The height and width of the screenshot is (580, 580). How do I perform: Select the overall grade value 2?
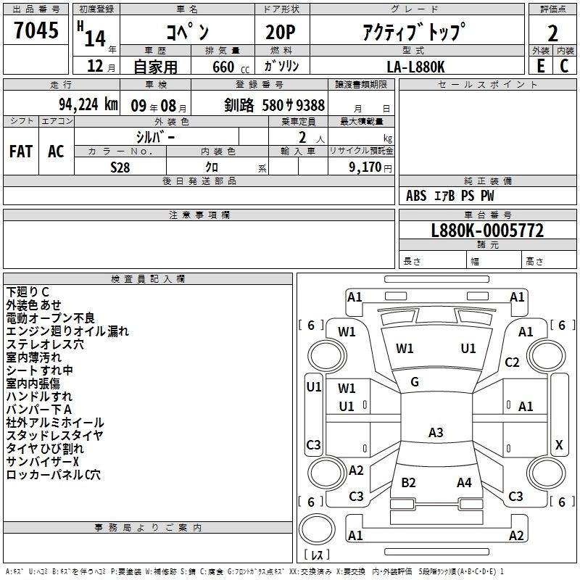552,33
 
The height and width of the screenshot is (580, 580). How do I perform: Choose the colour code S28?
120,167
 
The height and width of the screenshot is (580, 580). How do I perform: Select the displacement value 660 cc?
231,67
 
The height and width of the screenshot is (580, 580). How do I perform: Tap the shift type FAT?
20,152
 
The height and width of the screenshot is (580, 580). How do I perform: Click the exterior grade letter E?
540,66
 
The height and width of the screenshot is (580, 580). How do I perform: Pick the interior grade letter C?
563,66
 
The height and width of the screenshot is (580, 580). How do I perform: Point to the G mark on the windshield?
415,381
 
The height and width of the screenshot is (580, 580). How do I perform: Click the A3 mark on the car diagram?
435,432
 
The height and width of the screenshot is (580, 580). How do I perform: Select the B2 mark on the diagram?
408,482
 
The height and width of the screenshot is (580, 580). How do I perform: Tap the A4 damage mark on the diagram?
464,482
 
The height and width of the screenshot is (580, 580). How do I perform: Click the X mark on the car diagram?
558,444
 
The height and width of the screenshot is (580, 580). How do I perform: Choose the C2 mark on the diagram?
513,362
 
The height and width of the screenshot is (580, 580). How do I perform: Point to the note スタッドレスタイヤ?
54,436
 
